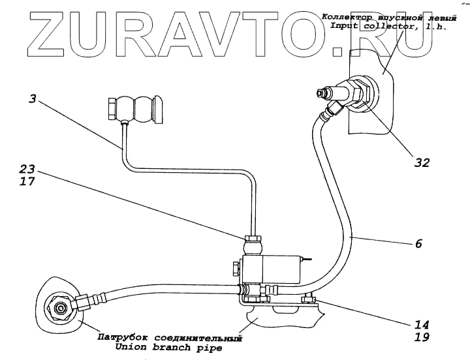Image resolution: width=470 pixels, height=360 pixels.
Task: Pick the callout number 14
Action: point(422,323)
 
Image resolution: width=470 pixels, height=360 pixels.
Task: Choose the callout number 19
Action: point(422,337)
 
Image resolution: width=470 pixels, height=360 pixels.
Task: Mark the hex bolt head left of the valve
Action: point(235,267)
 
